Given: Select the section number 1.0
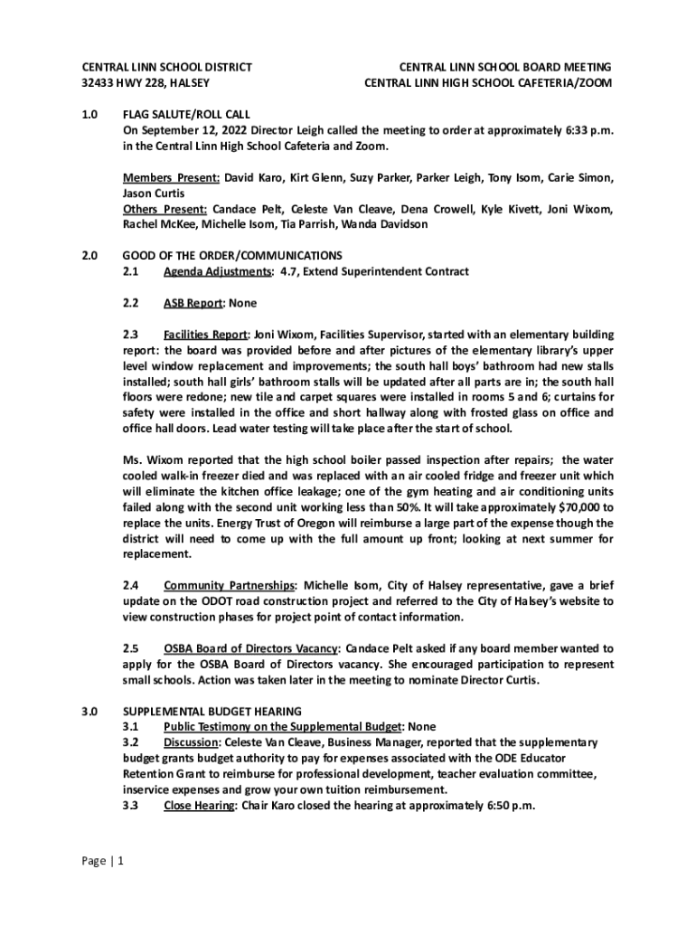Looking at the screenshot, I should [x=90, y=114].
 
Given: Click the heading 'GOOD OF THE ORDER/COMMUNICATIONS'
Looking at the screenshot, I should [x=232, y=255].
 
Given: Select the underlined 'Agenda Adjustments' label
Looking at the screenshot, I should [x=218, y=272].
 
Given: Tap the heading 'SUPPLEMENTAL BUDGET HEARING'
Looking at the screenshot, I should [x=212, y=711].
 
